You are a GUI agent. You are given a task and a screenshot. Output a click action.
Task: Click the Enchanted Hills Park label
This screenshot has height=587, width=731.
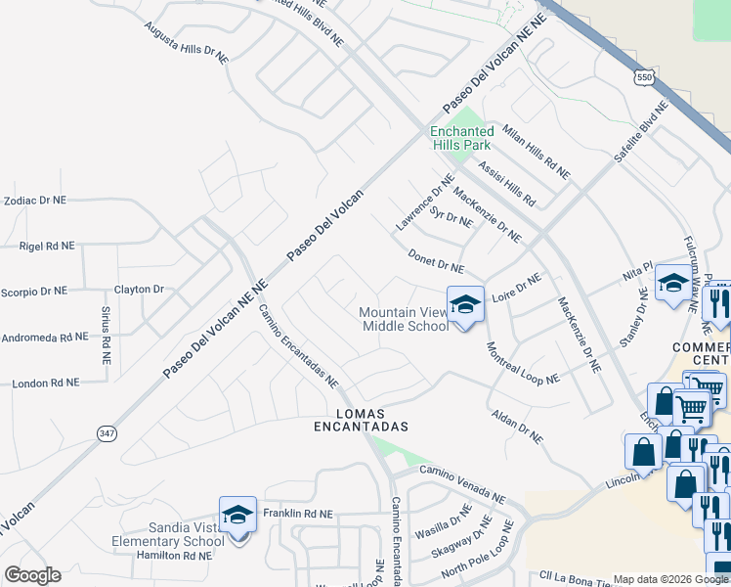pos(462,138)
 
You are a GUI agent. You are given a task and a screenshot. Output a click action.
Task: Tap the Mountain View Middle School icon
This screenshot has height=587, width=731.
pos(465,303)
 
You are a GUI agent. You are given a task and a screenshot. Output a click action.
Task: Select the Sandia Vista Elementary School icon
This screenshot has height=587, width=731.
pos(237,514)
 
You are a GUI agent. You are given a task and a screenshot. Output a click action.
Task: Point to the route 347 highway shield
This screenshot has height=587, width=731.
pos(106,431)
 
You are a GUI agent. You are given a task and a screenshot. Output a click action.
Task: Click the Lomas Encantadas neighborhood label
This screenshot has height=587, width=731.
pos(360,420)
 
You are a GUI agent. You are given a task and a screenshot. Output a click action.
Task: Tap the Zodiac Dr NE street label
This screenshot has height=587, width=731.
pos(34,200)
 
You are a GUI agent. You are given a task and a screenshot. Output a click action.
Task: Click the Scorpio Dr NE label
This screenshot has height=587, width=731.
pos(33,292)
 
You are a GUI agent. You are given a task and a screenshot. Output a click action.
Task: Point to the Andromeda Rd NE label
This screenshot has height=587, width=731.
pos(45,338)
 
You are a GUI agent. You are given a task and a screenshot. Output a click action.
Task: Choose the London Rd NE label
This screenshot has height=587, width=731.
pos(45,384)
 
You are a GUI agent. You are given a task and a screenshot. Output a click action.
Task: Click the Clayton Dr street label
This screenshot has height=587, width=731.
pos(139,290)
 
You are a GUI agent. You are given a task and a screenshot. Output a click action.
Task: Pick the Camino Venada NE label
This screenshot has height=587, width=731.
pos(462,484)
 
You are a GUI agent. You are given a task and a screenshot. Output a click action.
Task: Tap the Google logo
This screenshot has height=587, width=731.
pos(32,575)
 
